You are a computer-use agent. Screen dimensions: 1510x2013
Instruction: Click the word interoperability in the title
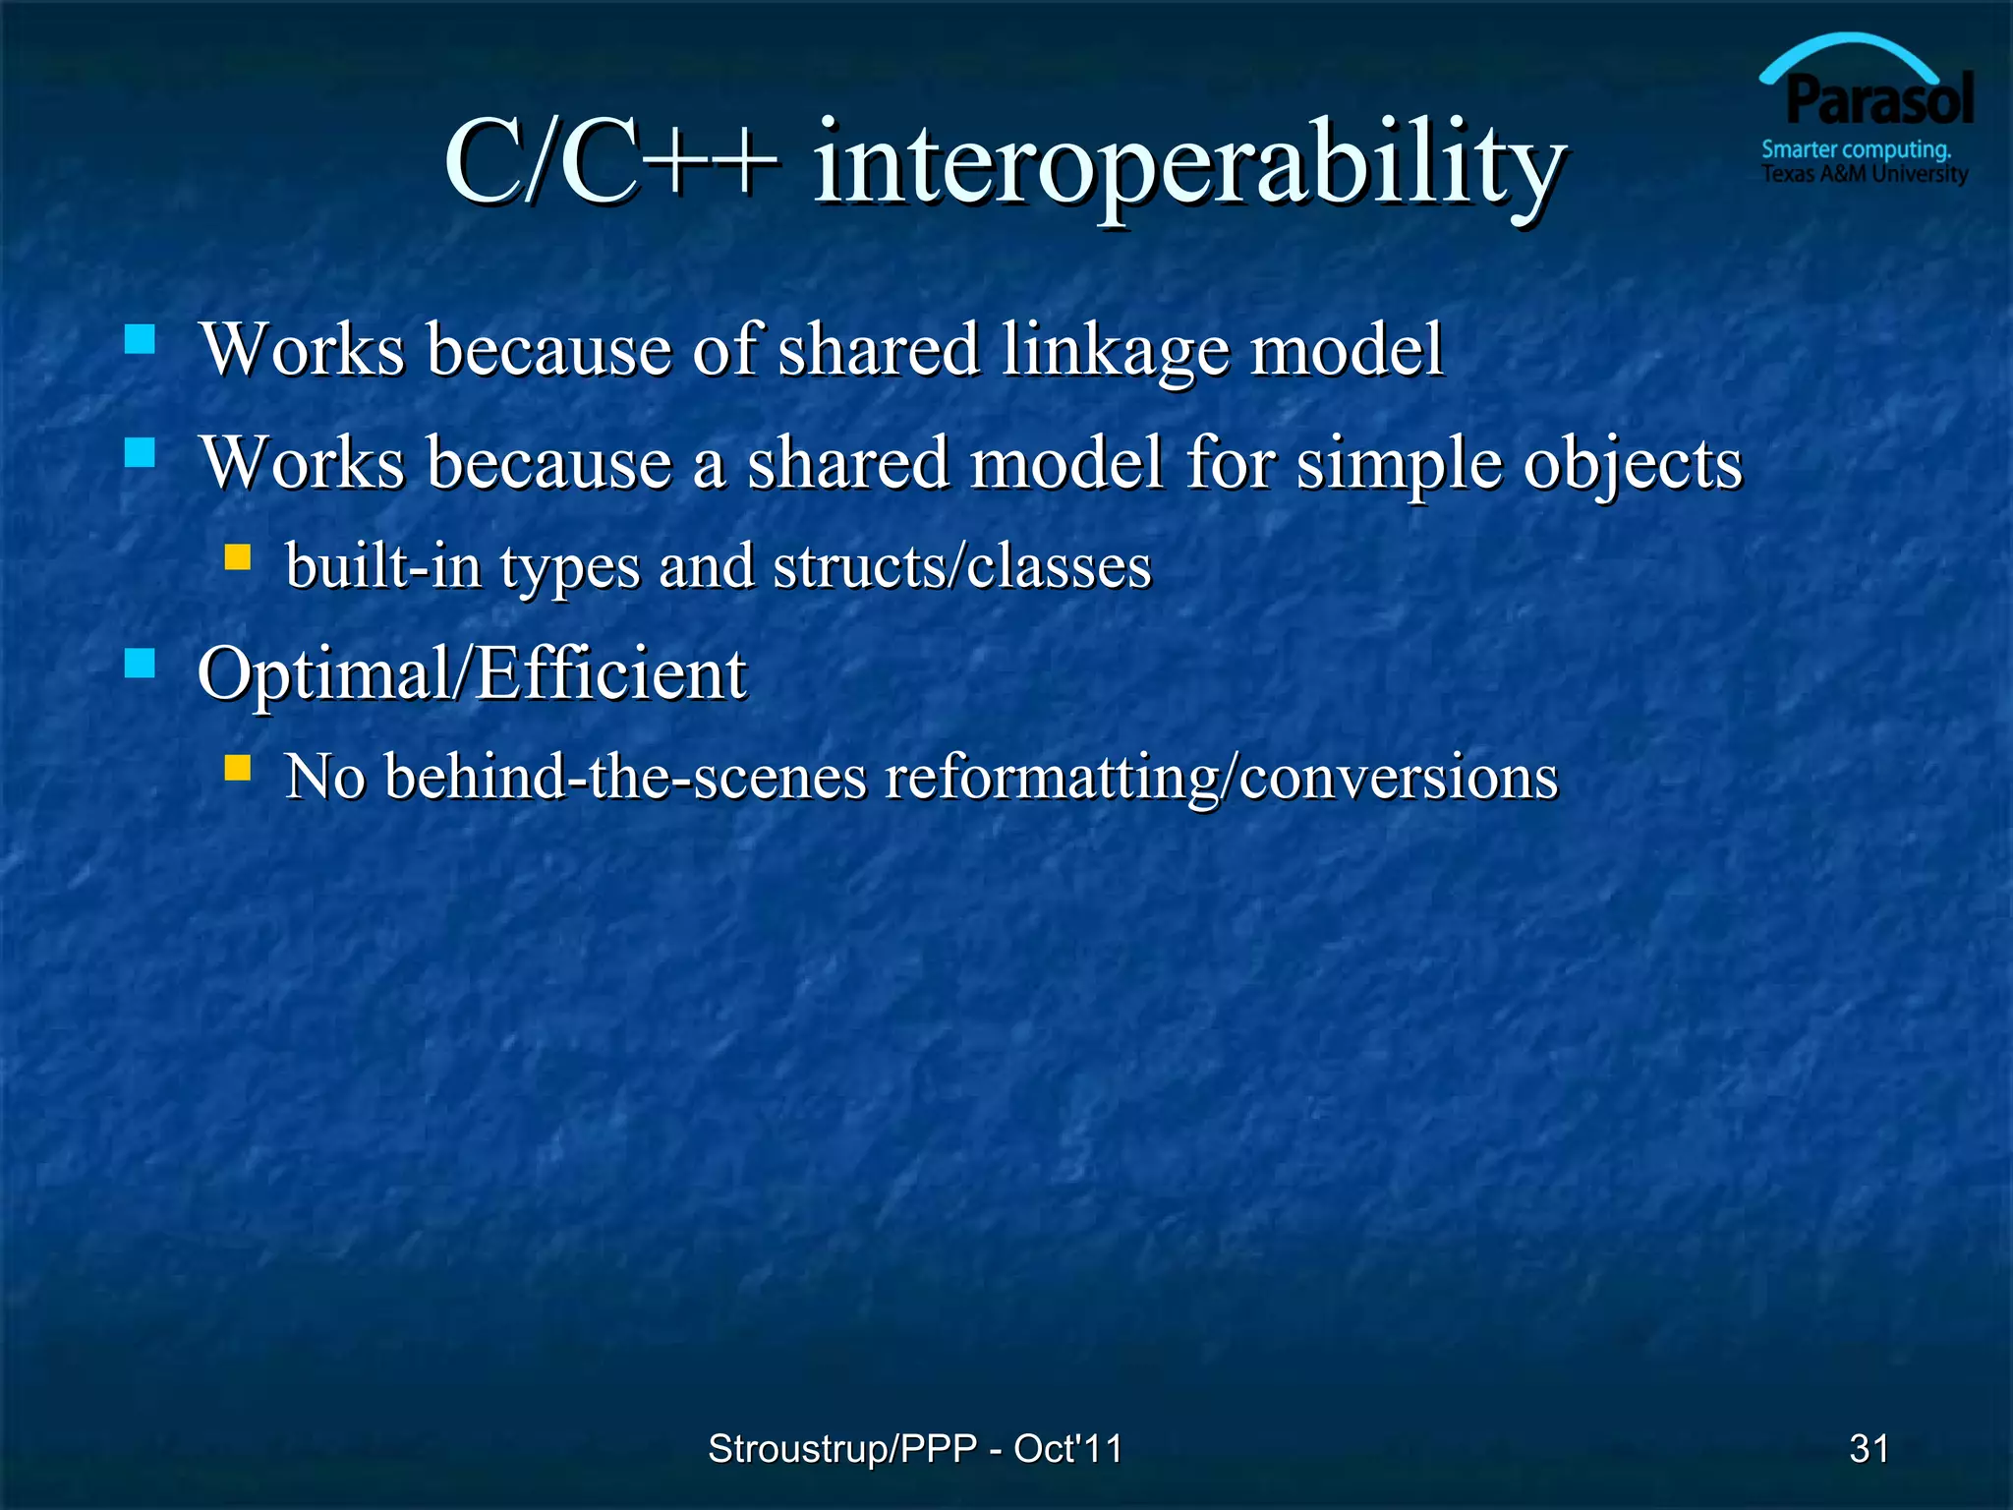tap(1189, 162)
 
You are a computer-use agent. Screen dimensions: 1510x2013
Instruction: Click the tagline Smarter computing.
tap(1856, 149)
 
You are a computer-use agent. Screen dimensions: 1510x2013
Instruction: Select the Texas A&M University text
tap(1864, 174)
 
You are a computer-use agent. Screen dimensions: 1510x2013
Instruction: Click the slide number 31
tap(1869, 1448)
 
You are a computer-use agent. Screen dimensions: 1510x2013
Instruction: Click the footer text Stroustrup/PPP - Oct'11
tap(915, 1448)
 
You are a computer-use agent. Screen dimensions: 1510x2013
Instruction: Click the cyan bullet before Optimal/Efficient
tap(141, 664)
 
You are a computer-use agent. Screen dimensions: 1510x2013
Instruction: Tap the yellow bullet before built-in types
tap(237, 557)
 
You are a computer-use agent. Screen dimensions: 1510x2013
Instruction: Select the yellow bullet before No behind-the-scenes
tap(237, 767)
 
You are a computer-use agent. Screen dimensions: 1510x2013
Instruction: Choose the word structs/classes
tap(961, 566)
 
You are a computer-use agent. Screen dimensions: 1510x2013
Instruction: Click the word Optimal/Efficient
tap(472, 673)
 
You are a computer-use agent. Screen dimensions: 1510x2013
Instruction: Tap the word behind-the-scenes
tap(625, 777)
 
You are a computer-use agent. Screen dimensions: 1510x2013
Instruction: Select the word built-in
tap(383, 566)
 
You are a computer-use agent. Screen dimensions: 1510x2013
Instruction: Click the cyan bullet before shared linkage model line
tap(141, 339)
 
